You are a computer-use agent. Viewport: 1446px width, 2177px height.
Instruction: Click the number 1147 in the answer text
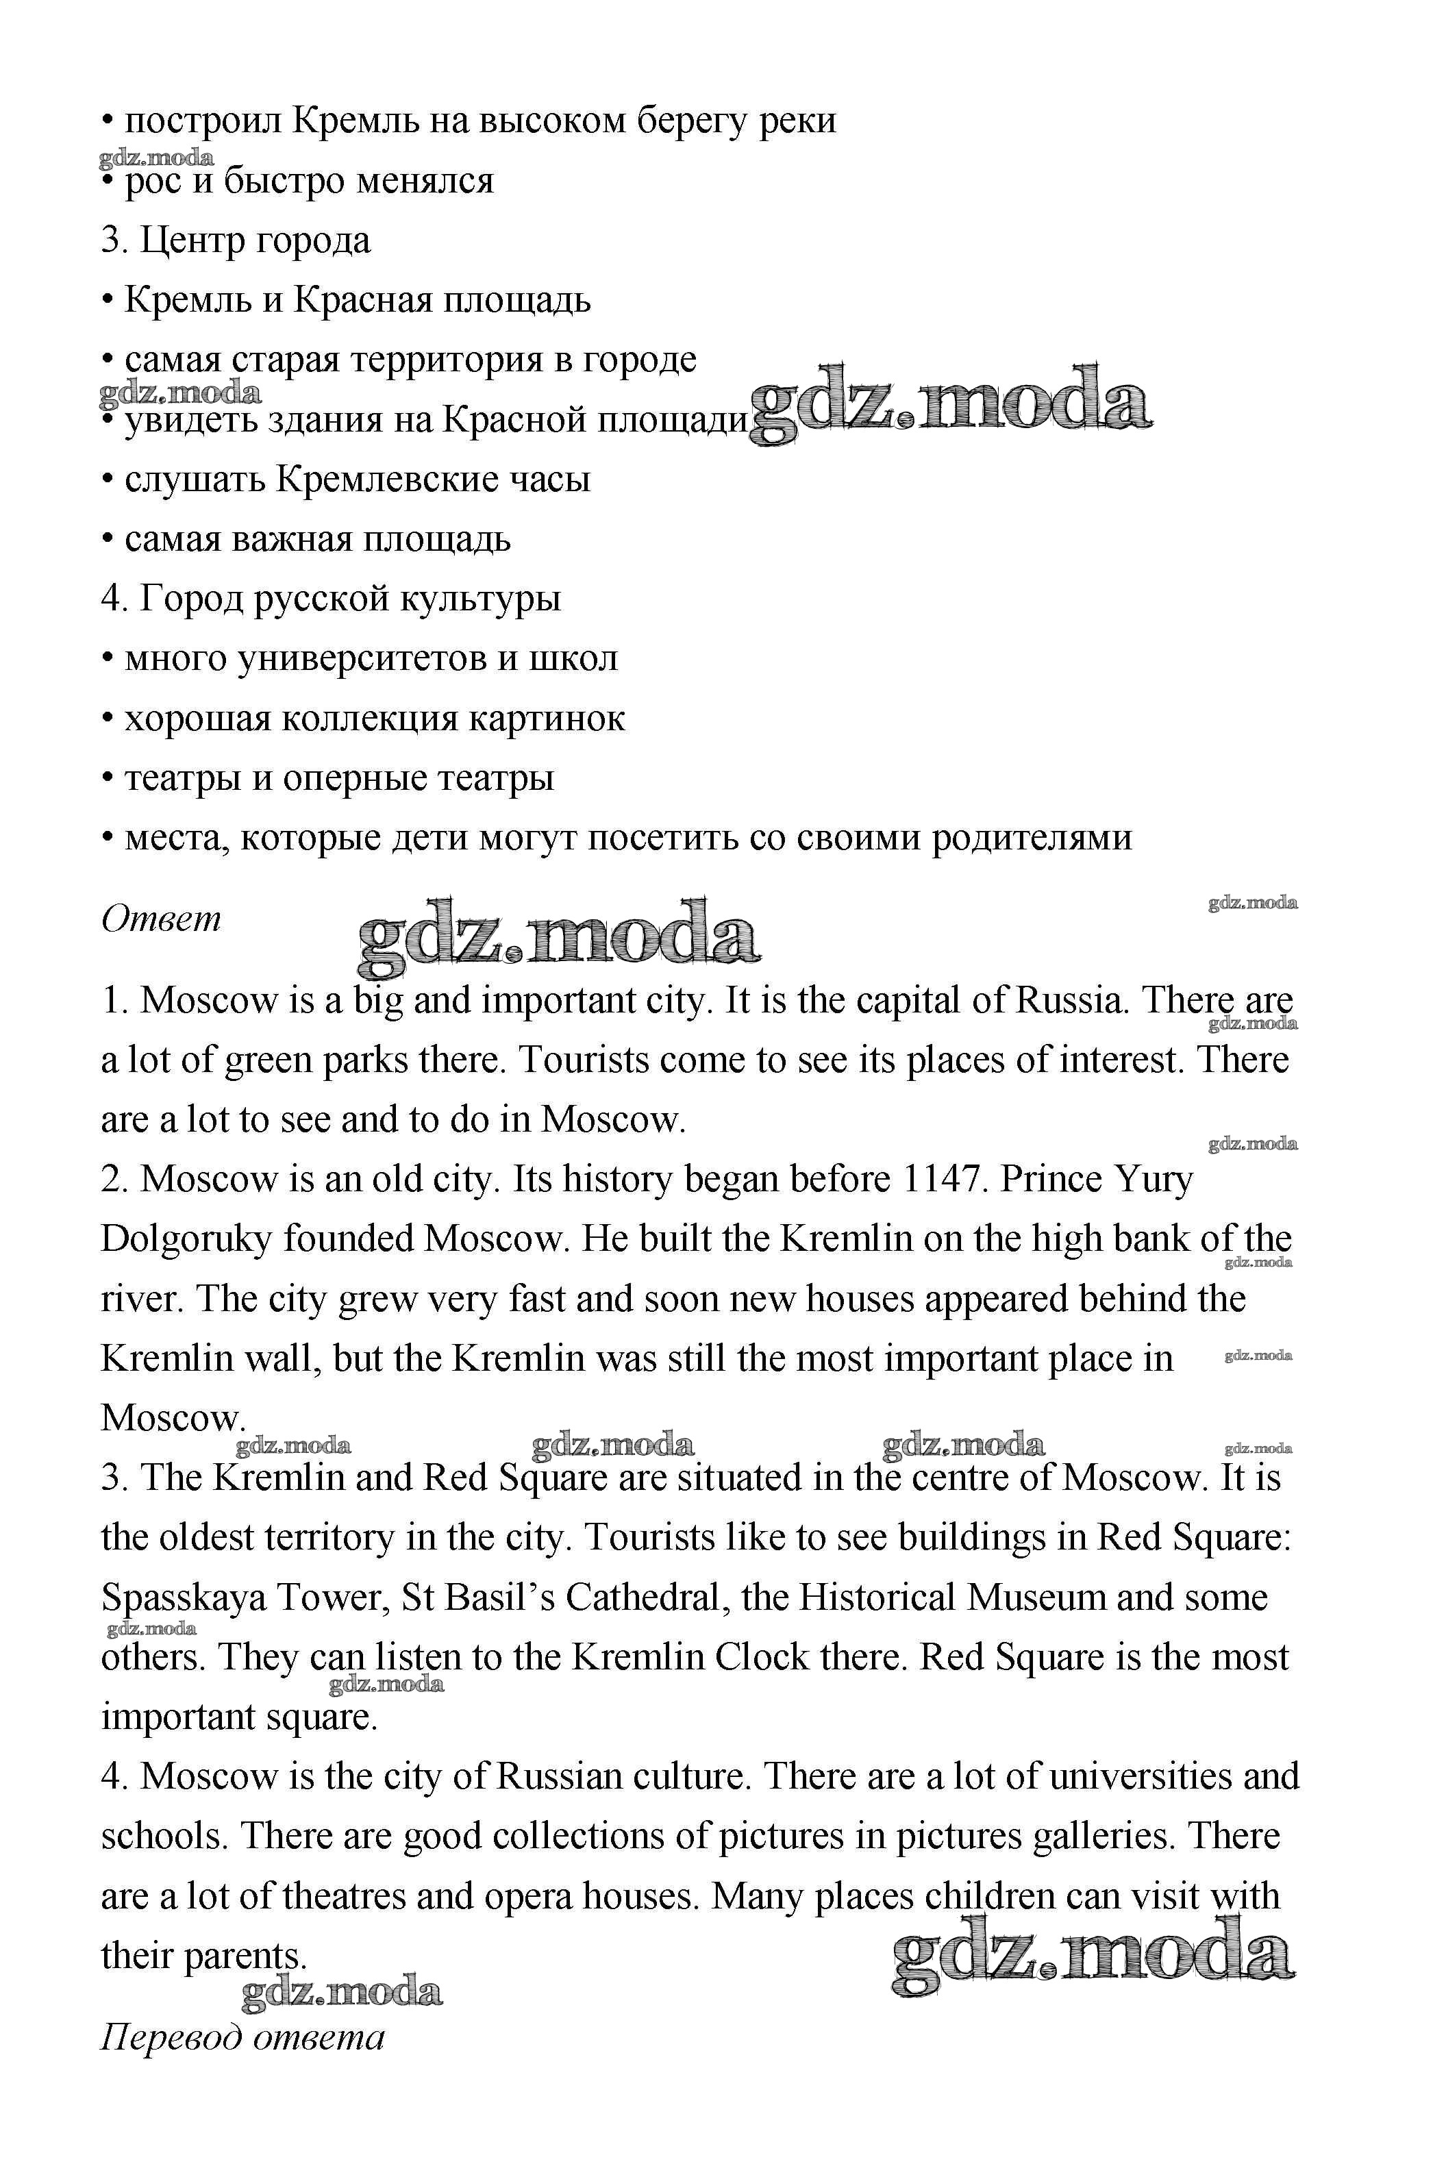(940, 1180)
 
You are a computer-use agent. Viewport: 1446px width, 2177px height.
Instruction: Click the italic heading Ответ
(162, 919)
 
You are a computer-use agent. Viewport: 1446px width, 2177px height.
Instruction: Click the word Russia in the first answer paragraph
(1071, 1000)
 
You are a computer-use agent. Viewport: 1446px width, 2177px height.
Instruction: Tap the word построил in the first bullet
(202, 121)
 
